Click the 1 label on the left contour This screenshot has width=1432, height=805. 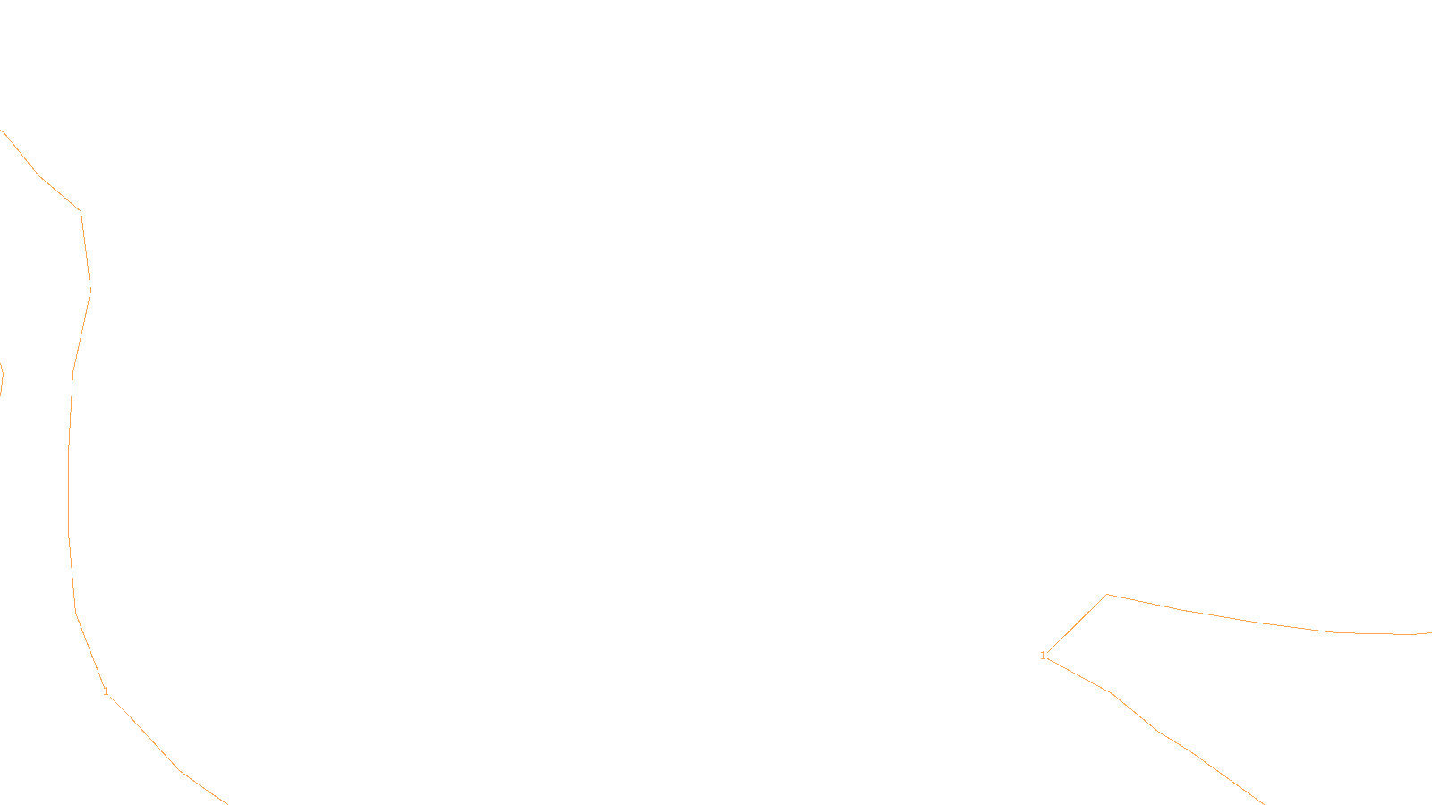106,691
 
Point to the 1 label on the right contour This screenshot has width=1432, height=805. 1043,656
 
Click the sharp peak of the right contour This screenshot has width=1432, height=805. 1107,594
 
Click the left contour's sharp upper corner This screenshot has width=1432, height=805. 81,211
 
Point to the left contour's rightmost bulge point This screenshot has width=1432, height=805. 90,291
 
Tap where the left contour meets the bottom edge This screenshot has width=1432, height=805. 226,803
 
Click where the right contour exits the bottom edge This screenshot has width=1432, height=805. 1263,803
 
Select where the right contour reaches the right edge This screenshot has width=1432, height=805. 1429,632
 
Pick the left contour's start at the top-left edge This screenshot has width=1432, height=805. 3,131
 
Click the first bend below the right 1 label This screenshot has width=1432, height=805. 1112,693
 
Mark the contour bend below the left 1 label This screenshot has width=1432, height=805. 179,770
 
